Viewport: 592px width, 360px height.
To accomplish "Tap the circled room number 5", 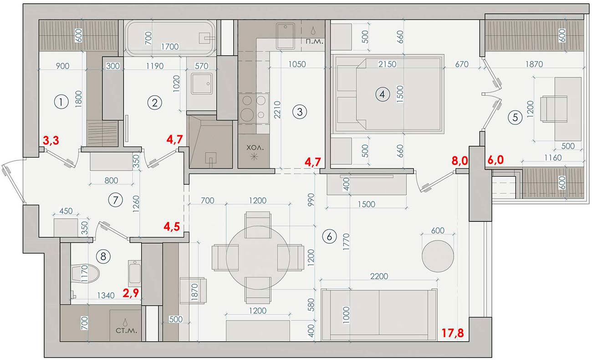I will pos(515,117).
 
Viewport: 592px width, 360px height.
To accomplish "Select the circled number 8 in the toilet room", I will pos(104,257).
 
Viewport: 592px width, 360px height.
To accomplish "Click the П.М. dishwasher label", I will pos(314,43).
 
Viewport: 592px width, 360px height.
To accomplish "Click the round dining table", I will pos(258,257).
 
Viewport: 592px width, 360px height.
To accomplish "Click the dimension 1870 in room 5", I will pos(534,65).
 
